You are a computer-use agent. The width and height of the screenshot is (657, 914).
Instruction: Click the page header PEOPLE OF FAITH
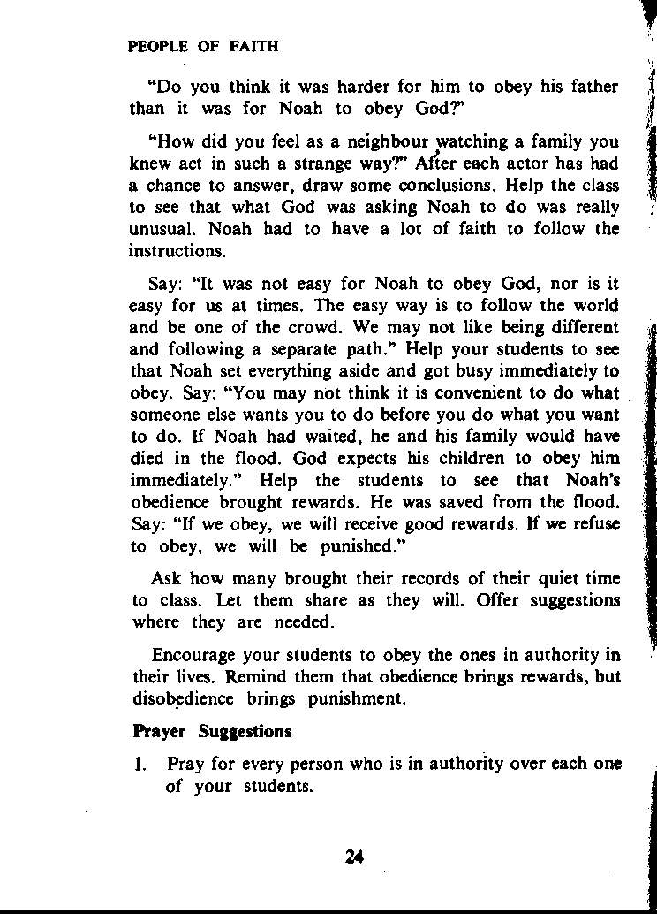coord(203,47)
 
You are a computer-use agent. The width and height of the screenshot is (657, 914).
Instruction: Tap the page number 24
coord(354,856)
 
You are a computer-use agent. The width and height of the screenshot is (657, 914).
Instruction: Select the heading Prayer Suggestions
coord(211,732)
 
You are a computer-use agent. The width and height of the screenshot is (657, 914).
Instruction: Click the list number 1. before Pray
coord(140,765)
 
